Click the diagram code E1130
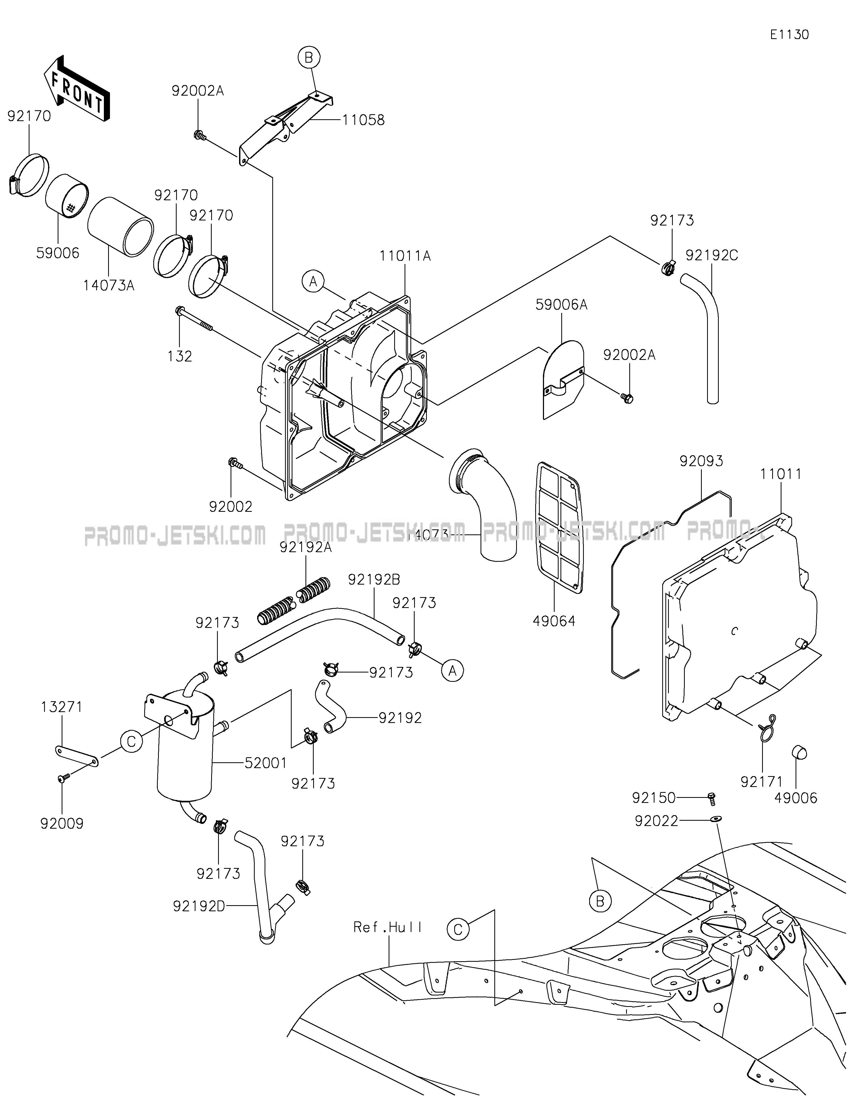click(789, 35)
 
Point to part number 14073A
click(109, 286)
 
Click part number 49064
click(554, 622)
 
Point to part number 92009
click(62, 824)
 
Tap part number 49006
click(796, 798)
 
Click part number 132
click(180, 356)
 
